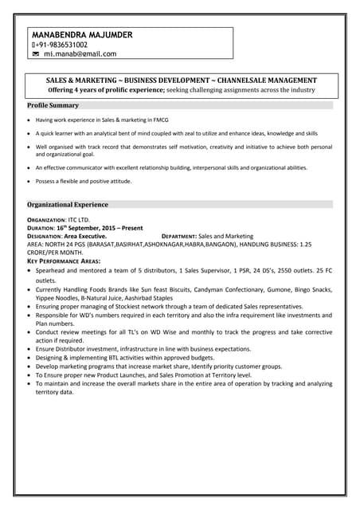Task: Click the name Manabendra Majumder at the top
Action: click(83, 35)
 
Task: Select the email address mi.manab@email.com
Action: click(80, 54)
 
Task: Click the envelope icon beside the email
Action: click(36, 54)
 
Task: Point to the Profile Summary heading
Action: click(53, 105)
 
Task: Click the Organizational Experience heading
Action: click(68, 204)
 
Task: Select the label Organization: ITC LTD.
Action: click(59, 219)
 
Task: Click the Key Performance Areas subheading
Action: click(66, 261)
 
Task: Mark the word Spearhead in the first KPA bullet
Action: click(54, 272)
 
